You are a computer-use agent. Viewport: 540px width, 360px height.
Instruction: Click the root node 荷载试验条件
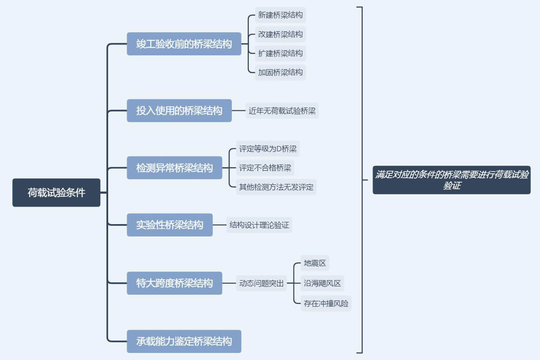[56, 193]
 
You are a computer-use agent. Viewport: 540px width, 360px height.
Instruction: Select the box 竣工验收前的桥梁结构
[184, 44]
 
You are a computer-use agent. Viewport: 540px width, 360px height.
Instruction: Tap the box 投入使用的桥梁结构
[179, 111]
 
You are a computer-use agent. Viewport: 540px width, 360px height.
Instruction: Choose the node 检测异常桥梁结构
[174, 168]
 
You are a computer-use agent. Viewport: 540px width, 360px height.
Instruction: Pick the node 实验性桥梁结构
[170, 225]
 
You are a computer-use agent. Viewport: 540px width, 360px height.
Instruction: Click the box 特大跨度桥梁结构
[174, 283]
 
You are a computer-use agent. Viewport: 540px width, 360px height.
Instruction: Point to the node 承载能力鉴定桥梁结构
[184, 341]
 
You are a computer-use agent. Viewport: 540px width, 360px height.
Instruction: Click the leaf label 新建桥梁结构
[280, 15]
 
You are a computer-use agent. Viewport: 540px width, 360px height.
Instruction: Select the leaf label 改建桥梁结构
[280, 34]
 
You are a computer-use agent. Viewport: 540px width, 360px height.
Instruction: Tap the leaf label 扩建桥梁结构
[280, 53]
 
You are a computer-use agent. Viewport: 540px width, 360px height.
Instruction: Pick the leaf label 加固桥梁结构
[280, 72]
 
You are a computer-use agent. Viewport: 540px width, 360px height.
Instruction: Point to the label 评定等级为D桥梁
[268, 149]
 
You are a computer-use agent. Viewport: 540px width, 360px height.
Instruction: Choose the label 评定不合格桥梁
[265, 168]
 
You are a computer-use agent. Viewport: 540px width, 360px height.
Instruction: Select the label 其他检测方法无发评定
[276, 187]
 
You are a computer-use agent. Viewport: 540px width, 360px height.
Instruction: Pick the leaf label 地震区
[315, 263]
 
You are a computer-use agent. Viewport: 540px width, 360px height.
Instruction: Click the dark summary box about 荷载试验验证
[451, 180]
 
